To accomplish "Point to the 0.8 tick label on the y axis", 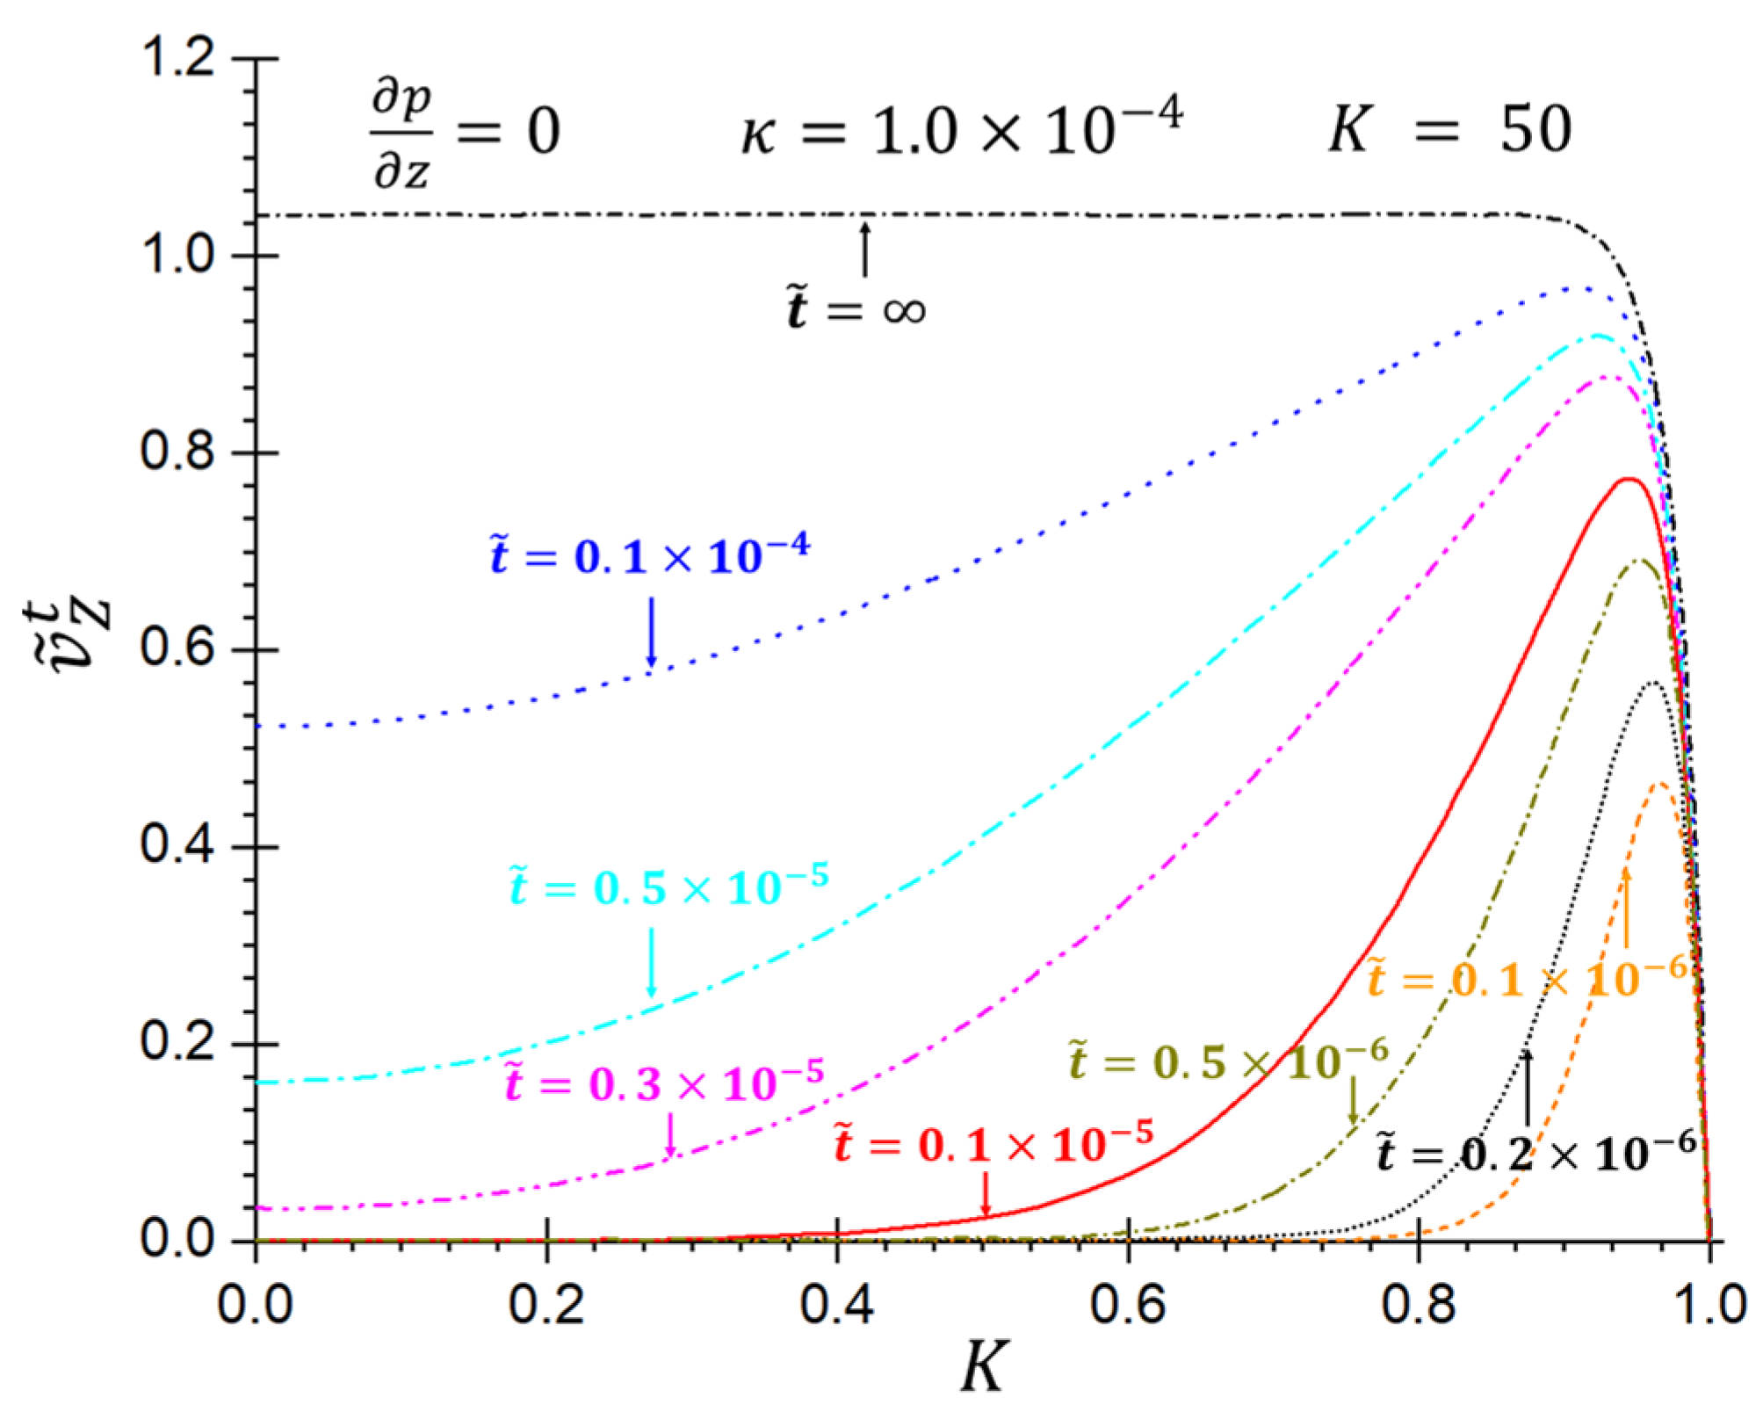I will click(x=177, y=453).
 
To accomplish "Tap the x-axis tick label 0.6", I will click(x=1128, y=1304).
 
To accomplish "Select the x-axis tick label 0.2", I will click(x=546, y=1304).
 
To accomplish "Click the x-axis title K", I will click(x=982, y=1367).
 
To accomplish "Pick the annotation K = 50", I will click(x=1449, y=130).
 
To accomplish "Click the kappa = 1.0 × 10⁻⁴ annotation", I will click(x=961, y=132).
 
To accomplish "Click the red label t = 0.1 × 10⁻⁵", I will click(x=993, y=1144).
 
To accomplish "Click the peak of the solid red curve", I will click(x=1628, y=479).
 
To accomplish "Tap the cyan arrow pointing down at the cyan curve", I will click(x=651, y=962).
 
